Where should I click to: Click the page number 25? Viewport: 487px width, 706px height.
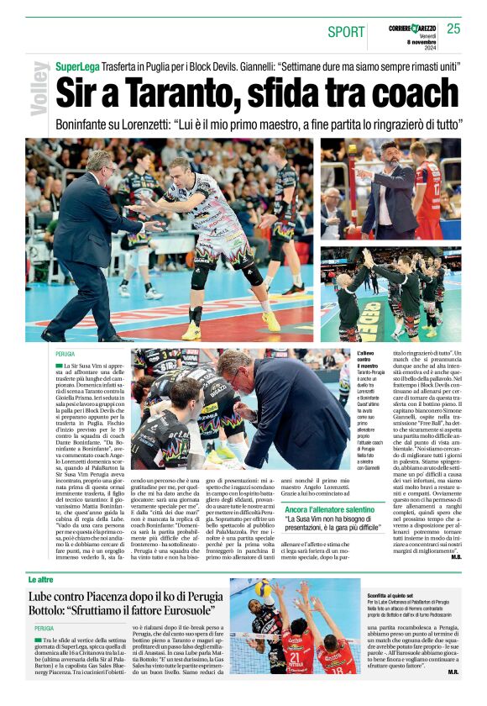[453, 29]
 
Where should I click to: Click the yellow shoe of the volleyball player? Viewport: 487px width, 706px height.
[271, 322]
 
